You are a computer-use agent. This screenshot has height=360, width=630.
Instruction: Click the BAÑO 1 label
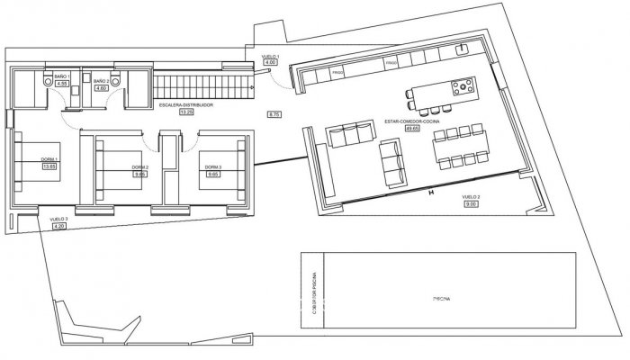point(61,76)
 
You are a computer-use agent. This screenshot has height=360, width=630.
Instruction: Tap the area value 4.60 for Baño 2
point(101,88)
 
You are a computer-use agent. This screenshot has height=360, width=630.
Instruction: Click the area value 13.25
point(187,113)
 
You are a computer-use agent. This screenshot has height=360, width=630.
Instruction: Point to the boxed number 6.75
point(275,114)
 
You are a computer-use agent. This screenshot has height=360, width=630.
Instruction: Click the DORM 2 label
point(139,167)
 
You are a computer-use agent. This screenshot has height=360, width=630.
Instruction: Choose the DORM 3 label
point(213,167)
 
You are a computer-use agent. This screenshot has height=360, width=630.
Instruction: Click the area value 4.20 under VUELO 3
point(60,227)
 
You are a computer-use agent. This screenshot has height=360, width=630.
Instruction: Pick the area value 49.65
point(414,128)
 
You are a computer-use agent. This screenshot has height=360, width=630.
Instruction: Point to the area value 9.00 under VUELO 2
point(470,203)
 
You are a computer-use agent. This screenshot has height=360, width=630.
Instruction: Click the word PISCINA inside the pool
point(440,296)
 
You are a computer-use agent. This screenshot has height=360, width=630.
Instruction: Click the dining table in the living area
point(460,148)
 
